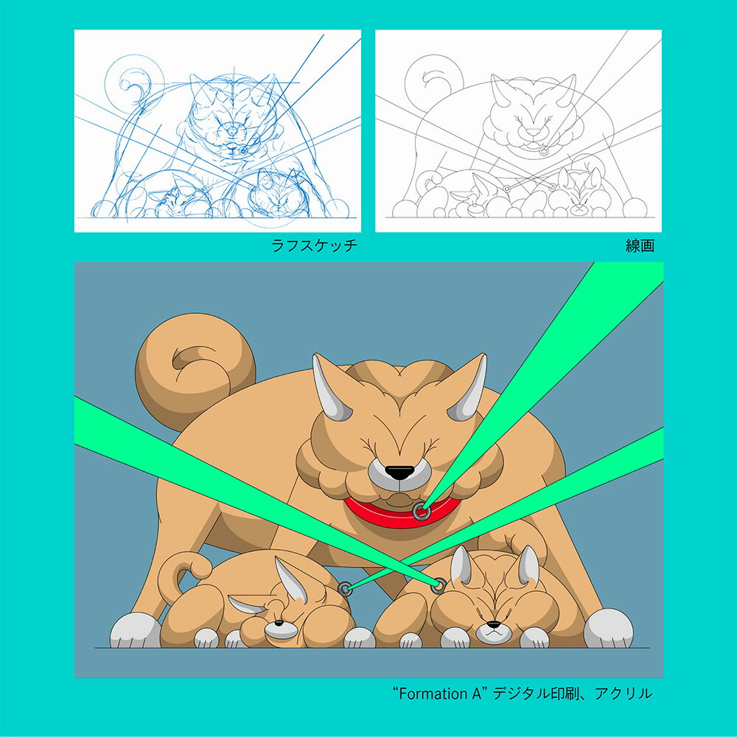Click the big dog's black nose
[399, 472]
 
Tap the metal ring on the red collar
[421, 511]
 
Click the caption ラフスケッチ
[315, 245]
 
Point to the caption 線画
[640, 245]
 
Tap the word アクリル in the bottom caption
[624, 694]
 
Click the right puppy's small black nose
[494, 624]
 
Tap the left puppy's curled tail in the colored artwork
[184, 571]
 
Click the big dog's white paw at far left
[136, 630]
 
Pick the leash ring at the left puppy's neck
[345, 589]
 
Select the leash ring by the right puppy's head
[439, 586]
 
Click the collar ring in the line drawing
[544, 151]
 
